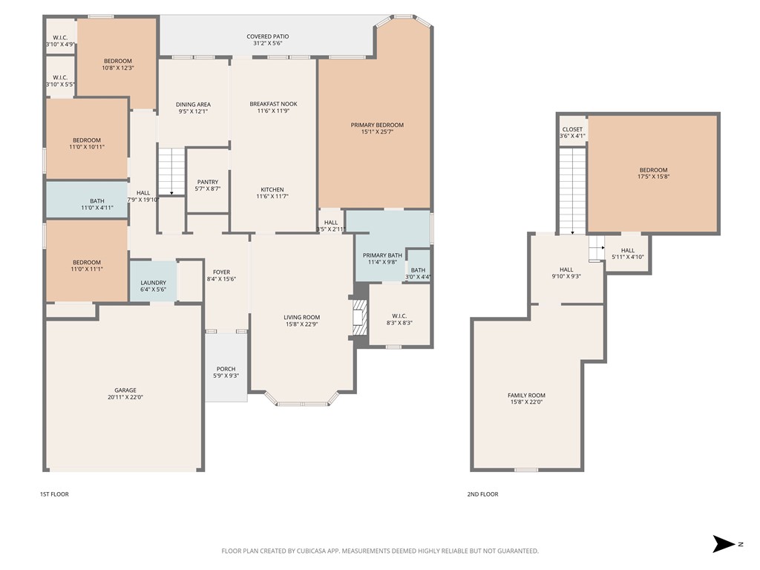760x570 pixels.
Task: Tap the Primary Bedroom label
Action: click(x=377, y=125)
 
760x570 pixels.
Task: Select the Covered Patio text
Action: click(x=267, y=36)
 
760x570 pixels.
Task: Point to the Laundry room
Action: click(x=154, y=283)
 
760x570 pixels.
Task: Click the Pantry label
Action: click(x=207, y=183)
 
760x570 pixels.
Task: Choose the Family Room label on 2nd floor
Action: click(x=526, y=396)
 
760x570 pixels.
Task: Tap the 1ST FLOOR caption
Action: click(x=54, y=494)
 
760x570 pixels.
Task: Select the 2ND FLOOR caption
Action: click(x=483, y=494)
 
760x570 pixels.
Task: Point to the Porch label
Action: click(x=226, y=370)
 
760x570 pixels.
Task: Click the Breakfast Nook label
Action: click(x=272, y=105)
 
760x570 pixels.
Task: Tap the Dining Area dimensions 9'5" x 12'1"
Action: click(x=193, y=112)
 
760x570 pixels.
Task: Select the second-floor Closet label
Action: click(x=572, y=130)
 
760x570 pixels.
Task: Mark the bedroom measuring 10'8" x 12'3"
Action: click(x=117, y=65)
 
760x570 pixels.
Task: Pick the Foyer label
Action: click(x=222, y=272)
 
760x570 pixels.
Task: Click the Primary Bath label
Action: click(x=382, y=256)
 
